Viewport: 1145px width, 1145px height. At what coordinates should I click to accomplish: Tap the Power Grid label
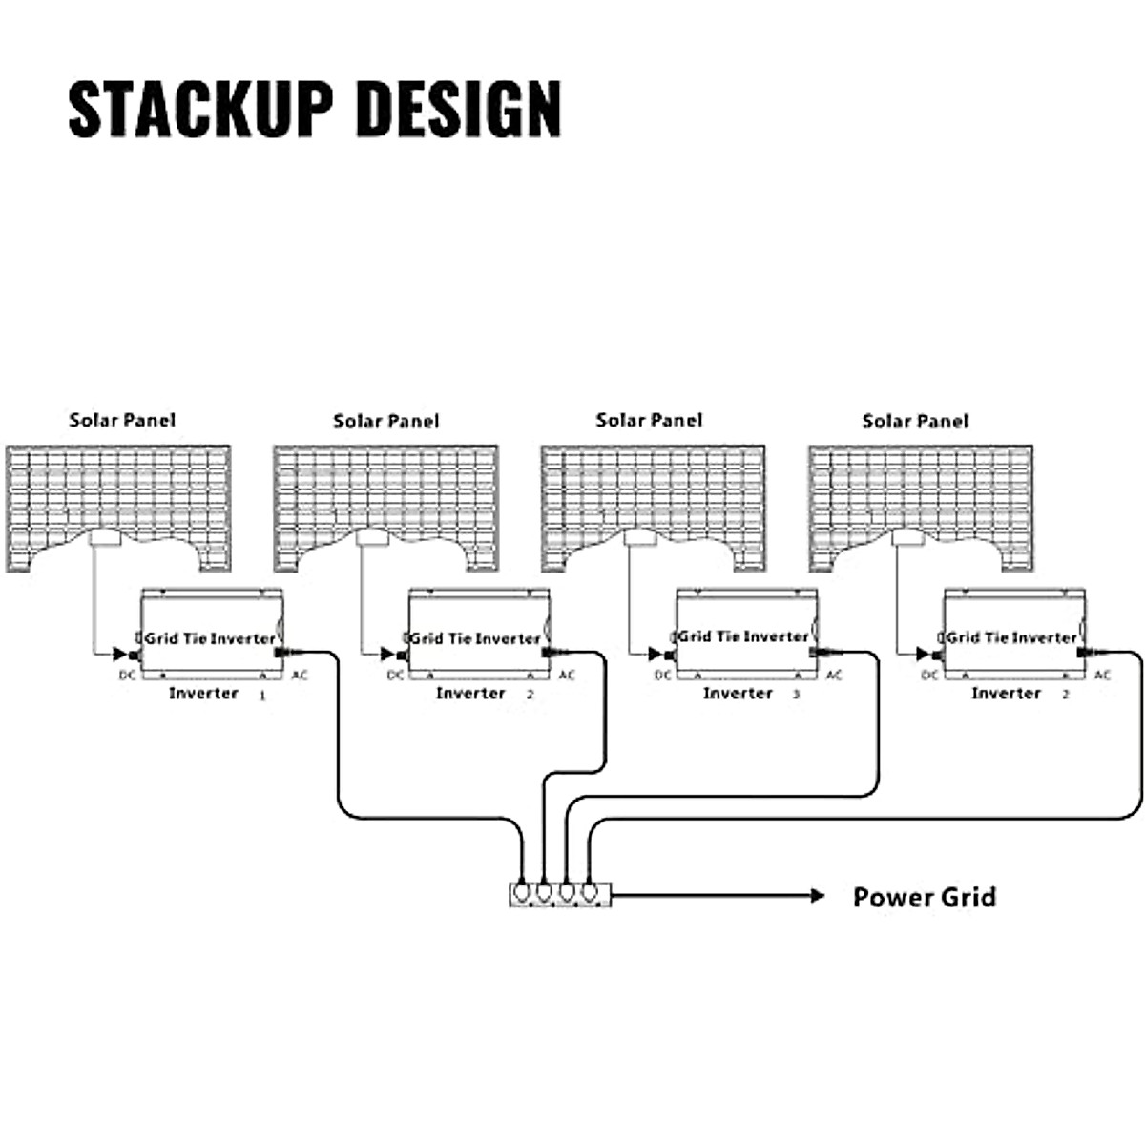click(924, 897)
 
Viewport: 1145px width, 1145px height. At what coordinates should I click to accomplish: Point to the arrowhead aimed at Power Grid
click(816, 895)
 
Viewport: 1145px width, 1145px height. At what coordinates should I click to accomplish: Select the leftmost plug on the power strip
click(521, 892)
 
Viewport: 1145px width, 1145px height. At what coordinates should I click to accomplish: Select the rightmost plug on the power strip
click(592, 892)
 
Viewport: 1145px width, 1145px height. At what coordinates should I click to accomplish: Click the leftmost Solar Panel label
click(122, 420)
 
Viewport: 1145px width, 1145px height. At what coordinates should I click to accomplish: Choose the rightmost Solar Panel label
click(915, 421)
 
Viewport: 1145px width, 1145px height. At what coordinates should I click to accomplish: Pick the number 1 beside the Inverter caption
click(262, 697)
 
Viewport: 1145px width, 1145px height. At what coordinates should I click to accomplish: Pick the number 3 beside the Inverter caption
click(796, 695)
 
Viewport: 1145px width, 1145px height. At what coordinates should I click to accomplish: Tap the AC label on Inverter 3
click(834, 676)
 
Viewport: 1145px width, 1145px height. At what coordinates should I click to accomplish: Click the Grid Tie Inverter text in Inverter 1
click(210, 638)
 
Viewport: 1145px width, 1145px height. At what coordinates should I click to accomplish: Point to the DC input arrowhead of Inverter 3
click(656, 655)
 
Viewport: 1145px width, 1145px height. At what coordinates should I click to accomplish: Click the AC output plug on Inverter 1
click(282, 653)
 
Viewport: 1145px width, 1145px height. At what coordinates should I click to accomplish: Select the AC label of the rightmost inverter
click(1103, 676)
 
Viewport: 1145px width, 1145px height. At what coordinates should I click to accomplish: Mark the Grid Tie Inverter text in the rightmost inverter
click(1011, 637)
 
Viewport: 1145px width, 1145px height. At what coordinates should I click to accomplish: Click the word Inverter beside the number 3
click(738, 693)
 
